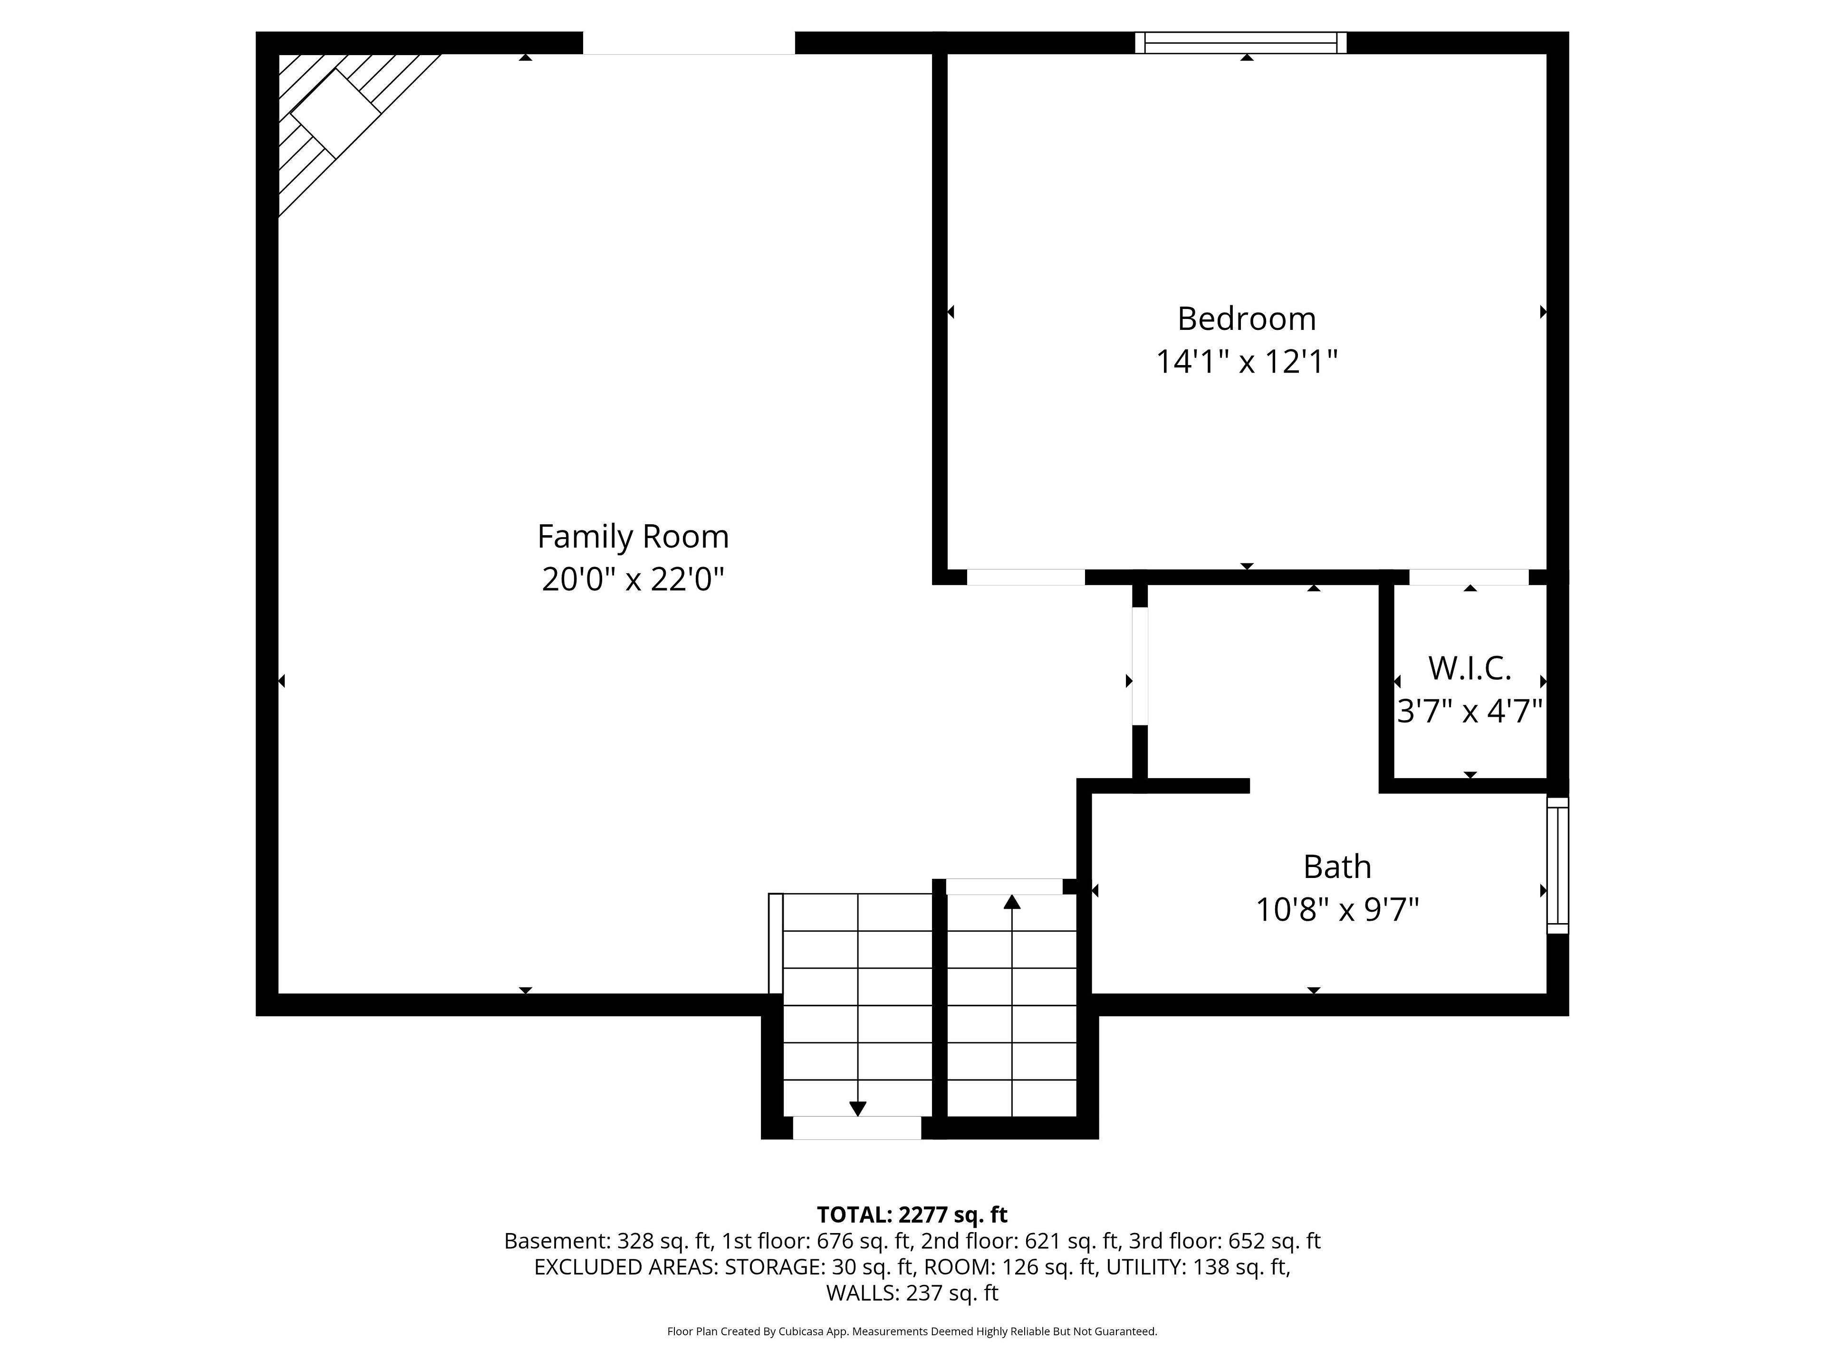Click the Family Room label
[633, 536]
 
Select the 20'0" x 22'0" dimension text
[633, 579]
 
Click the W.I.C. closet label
[1470, 668]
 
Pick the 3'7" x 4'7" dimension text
[1470, 711]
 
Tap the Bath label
[1337, 867]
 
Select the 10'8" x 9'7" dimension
[1337, 909]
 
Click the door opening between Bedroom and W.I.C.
[1469, 577]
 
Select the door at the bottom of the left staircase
[857, 1128]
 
